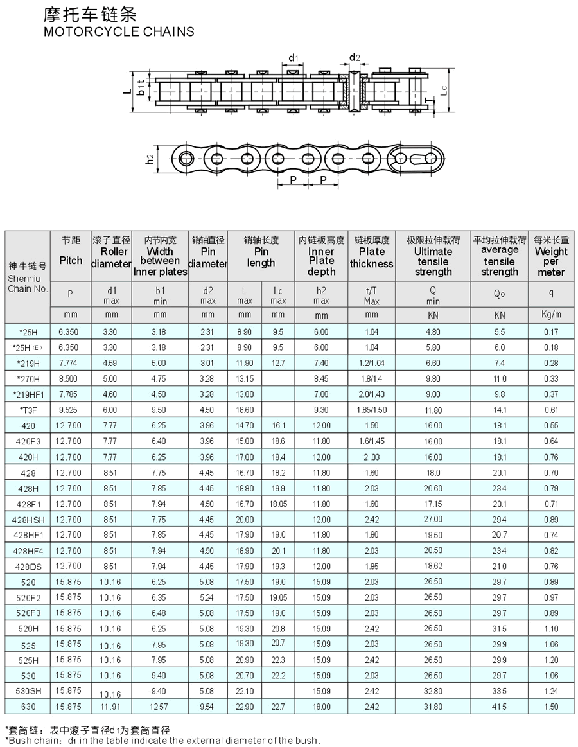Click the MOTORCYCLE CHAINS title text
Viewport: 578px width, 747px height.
click(x=119, y=31)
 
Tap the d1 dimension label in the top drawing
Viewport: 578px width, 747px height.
click(x=293, y=58)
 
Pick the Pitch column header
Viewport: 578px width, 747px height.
click(x=71, y=260)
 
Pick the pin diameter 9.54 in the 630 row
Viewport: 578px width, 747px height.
click(x=207, y=707)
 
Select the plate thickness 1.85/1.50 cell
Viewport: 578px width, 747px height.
click(x=371, y=410)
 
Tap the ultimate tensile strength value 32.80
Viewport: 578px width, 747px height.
click(x=433, y=691)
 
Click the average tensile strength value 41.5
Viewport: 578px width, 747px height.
click(x=499, y=707)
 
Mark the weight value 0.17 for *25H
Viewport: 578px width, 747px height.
click(x=550, y=332)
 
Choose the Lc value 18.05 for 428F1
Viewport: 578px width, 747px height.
click(x=278, y=504)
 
